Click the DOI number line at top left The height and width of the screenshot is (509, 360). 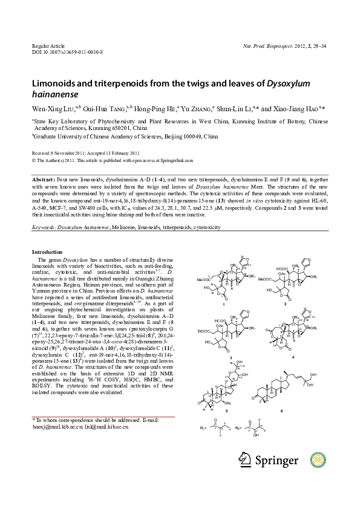point(67,53)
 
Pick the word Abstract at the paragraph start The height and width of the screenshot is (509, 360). point(43,181)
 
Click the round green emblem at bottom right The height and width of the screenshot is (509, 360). point(318,460)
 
